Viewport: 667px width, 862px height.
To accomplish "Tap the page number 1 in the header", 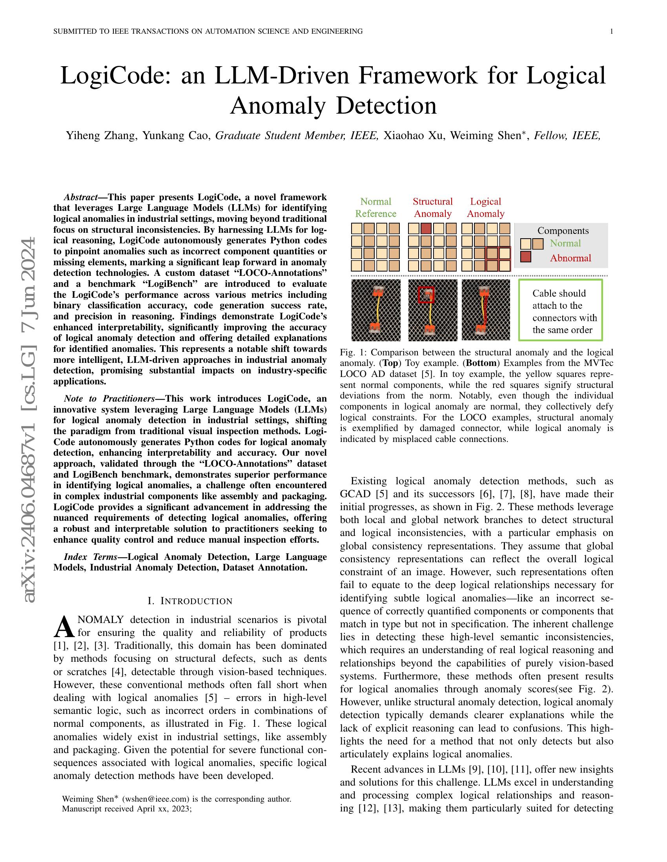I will point(611,32).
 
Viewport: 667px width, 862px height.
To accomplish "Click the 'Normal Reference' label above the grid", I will point(375,208).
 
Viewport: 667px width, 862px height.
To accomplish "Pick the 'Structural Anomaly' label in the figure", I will point(433,208).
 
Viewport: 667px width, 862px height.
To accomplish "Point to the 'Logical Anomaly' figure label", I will point(485,208).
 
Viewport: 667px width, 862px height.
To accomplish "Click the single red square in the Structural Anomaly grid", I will point(426,228).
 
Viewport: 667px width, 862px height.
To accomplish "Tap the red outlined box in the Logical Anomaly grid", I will point(498,259).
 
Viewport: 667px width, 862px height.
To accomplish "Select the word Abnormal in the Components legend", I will point(570,258).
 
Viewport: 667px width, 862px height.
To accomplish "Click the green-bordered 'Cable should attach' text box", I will point(560,310).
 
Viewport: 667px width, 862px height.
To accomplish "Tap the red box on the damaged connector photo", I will point(426,294).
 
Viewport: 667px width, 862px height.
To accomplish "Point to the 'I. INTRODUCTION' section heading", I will point(190,601).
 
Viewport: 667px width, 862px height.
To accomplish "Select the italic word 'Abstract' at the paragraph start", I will point(80,197).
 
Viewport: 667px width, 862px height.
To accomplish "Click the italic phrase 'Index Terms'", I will point(91,557).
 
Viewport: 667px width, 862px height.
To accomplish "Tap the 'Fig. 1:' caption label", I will point(350,353).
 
